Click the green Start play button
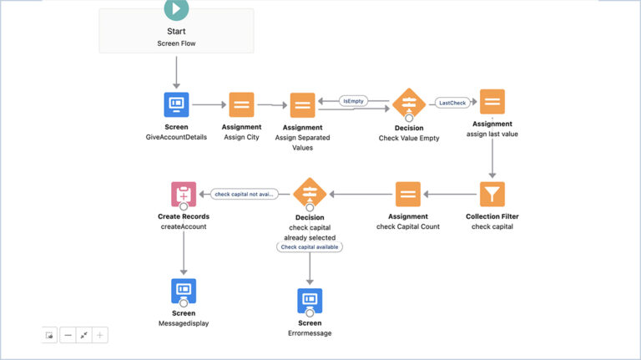tap(176, 8)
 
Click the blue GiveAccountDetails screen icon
tap(176, 104)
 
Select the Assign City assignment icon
tap(241, 104)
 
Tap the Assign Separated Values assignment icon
tap(303, 105)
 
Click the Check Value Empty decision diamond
tap(408, 105)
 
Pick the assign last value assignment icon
tap(492, 102)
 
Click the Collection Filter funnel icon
tap(492, 195)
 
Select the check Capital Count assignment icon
tap(407, 195)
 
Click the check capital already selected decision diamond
tap(309, 194)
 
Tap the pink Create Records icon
tap(184, 195)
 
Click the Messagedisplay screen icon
tap(184, 290)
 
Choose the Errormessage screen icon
tap(310, 300)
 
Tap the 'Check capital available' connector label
tap(310, 246)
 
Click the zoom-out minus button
tap(68, 335)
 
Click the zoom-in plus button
tap(100, 335)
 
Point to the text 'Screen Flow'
tap(176, 43)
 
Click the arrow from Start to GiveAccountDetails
tap(176, 74)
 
